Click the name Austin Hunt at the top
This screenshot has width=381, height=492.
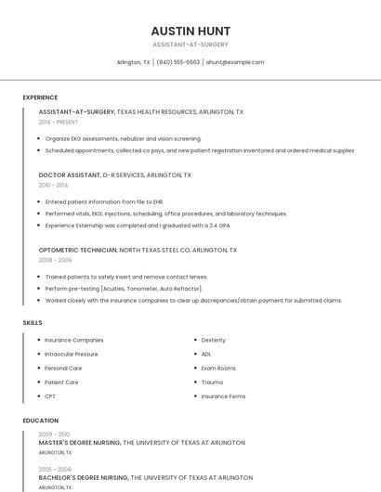pos(190,31)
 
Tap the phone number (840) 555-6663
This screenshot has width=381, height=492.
pos(177,62)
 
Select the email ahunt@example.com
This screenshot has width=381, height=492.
pos(235,62)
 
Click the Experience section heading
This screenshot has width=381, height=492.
pos(40,97)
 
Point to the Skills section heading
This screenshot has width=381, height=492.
pos(33,323)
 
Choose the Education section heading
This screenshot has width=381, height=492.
pos(40,421)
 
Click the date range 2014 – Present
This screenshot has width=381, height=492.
pos(59,122)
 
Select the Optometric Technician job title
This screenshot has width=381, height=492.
pos(78,250)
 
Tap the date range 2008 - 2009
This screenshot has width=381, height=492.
pos(55,260)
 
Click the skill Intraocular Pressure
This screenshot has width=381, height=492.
pos(71,354)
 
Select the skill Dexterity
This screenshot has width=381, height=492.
pos(213,340)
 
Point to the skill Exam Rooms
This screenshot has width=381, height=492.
pos(218,368)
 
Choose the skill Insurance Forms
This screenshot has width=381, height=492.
pos(223,396)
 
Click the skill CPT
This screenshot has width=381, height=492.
pos(50,396)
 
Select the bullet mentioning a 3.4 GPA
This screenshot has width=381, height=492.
pos(138,226)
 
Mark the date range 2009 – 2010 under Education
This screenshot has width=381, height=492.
pos(54,434)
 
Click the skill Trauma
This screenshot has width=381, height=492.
pos(212,382)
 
